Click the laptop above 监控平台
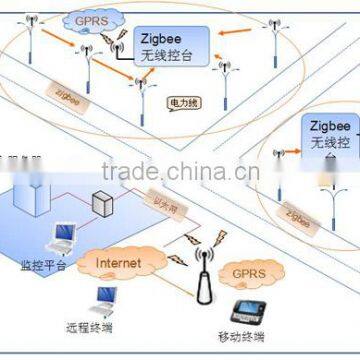click(62, 236)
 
